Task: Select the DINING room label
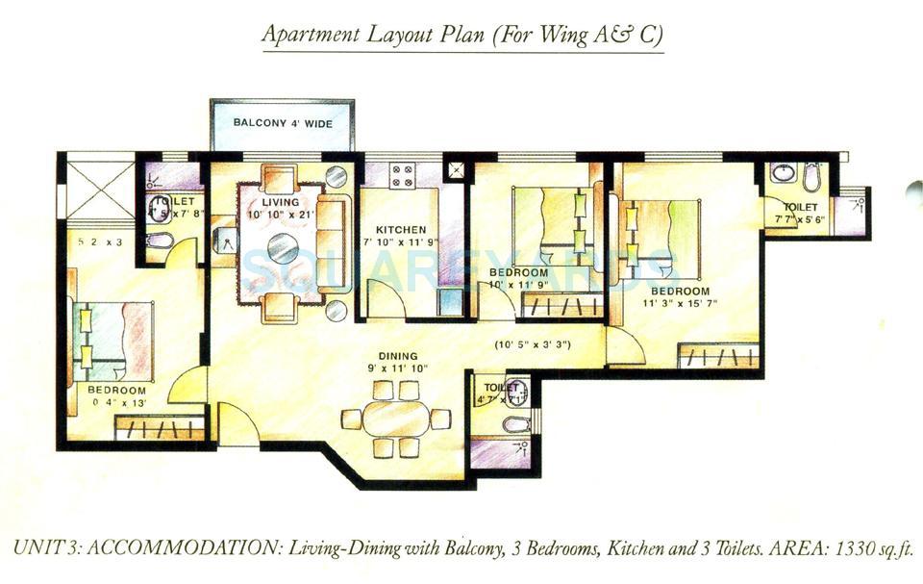pyautogui.click(x=398, y=356)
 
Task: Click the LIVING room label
pyautogui.click(x=281, y=202)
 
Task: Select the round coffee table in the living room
pyautogui.click(x=283, y=249)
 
